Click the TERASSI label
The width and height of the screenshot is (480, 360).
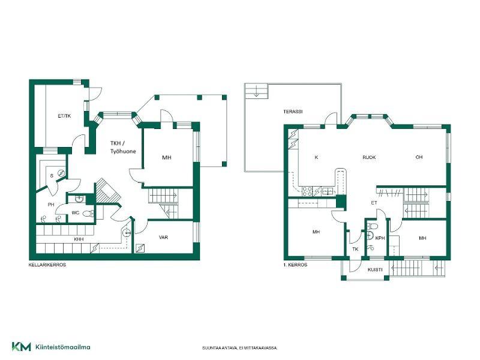[x=293, y=112]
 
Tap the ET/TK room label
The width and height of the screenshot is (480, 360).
[x=64, y=116]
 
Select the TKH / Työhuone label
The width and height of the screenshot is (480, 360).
[x=123, y=147]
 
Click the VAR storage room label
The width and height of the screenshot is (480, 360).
[x=163, y=237]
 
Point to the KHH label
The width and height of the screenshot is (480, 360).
[x=79, y=239]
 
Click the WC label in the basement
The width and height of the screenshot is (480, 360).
[x=76, y=213]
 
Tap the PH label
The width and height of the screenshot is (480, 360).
[x=51, y=205]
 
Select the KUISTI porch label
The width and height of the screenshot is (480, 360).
[x=375, y=269]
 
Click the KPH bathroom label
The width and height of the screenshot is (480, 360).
[x=380, y=238]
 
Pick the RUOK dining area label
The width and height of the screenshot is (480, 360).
[x=369, y=157]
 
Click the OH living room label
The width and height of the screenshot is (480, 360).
[x=419, y=157]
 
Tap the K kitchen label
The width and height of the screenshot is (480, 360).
[x=316, y=157]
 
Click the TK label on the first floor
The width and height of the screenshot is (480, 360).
[x=355, y=249]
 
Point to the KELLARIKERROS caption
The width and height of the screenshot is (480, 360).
[x=47, y=265]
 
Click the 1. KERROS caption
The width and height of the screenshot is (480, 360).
[x=295, y=265]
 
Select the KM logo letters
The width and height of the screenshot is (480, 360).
[x=22, y=347]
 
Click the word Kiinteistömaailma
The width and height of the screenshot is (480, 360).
[x=63, y=347]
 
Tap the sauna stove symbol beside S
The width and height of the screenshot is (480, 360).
[x=61, y=173]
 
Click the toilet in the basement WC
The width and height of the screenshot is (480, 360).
[x=88, y=214]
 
